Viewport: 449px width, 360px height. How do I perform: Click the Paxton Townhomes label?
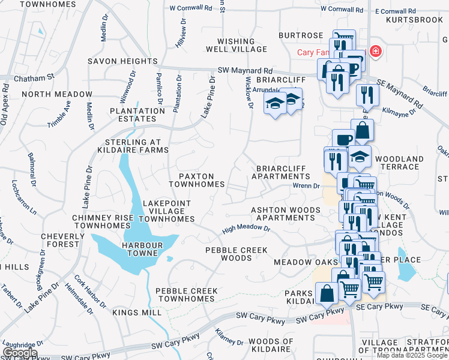(197, 180)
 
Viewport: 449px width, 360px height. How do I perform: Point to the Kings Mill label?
(137, 313)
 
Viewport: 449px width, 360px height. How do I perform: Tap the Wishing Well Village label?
(231, 45)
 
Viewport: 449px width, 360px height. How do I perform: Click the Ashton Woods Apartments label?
(283, 214)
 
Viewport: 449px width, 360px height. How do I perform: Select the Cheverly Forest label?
(60, 240)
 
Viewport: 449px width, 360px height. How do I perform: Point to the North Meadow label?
(57, 94)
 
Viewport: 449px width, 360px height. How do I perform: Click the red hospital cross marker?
(376, 52)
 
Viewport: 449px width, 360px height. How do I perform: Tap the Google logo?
(19, 353)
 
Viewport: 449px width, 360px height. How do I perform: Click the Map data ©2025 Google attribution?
(412, 355)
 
